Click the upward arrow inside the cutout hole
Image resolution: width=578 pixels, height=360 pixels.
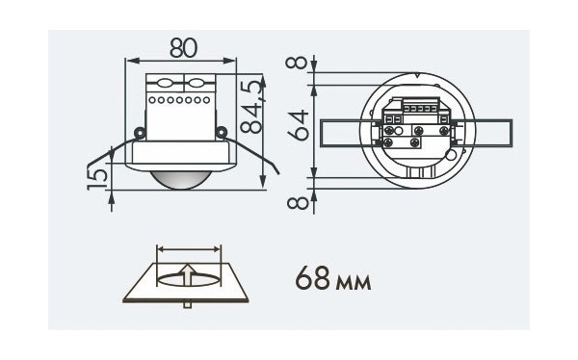(189, 276)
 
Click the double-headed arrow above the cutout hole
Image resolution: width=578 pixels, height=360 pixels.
(189, 250)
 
